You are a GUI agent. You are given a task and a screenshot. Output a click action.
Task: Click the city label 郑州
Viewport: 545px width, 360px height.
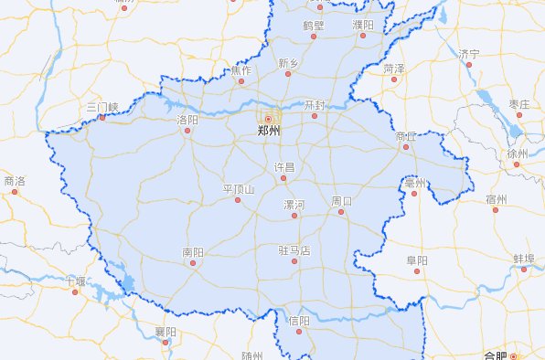pos(269,131)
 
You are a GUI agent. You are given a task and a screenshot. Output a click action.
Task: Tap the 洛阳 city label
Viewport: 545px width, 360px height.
pos(187,119)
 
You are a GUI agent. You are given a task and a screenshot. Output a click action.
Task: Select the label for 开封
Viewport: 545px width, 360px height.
pos(315,105)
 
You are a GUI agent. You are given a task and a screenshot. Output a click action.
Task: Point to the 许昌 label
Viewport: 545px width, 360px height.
pos(285,167)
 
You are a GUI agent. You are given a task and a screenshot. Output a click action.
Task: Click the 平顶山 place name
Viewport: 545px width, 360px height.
pos(239,189)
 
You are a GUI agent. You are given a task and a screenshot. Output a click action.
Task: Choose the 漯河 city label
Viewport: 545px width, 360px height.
pos(294,204)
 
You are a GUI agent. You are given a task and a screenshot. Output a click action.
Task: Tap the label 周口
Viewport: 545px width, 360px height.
pos(342,200)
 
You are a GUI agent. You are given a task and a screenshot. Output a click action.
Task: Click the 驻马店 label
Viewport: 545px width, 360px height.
pos(294,249)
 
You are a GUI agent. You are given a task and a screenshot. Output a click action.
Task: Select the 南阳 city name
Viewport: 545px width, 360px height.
pos(193,251)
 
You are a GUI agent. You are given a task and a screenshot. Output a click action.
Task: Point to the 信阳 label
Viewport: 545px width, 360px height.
pos(298,321)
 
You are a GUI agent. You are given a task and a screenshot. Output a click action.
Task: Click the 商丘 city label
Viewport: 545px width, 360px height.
pos(406,136)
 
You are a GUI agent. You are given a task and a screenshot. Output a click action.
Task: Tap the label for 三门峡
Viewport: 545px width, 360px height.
pos(102,107)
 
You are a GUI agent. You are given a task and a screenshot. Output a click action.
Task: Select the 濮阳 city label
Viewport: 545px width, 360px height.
pos(363,25)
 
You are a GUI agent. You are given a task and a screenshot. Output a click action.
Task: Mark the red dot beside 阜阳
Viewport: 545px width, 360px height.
pos(417,270)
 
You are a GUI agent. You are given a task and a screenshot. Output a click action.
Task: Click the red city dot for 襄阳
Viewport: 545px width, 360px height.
pos(165,344)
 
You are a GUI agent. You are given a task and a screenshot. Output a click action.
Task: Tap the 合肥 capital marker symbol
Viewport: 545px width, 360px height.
pos(514,355)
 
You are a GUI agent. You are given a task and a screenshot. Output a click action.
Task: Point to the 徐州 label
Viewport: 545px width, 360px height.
pos(518,154)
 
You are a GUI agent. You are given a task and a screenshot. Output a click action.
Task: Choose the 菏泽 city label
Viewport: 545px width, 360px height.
pos(394,68)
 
